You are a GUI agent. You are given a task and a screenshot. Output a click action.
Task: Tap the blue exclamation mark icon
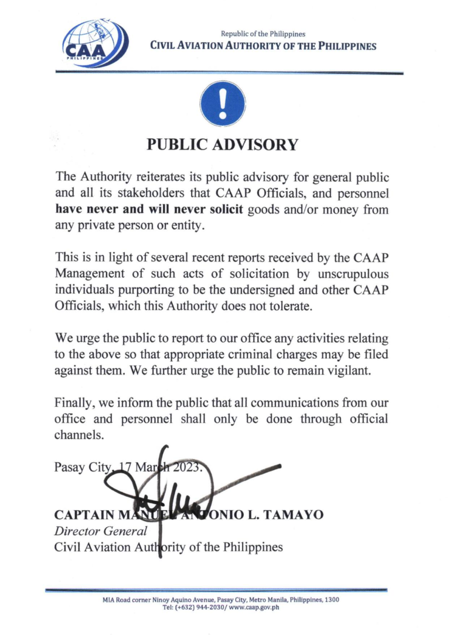click(222, 102)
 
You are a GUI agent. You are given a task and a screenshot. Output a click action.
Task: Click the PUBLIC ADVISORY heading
click(222, 145)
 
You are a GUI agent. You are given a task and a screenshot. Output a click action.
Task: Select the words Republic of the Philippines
click(262, 35)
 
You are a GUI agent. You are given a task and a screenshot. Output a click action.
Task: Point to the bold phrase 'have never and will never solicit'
click(149, 209)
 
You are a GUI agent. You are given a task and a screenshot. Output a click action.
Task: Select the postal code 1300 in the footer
click(332, 600)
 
